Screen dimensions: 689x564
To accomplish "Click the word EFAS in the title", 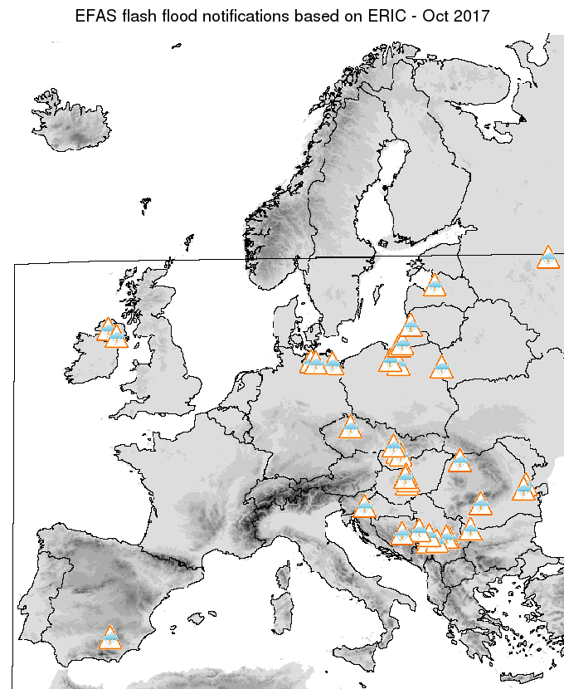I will tap(95, 17).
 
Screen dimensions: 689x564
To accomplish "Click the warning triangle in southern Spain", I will tap(109, 638).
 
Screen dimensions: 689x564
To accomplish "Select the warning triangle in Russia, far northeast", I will tap(547, 257).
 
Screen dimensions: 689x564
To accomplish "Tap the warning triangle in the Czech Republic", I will tap(351, 428).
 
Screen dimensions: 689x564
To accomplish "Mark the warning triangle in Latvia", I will tap(434, 286).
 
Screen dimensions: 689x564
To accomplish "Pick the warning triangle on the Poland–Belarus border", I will tap(441, 368).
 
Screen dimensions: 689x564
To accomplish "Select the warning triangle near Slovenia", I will tap(364, 506).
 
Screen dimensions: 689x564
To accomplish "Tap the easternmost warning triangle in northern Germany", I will tap(333, 364).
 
